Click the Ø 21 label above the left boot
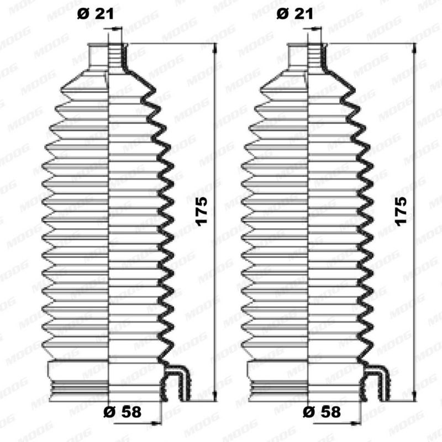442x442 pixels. tap(95, 14)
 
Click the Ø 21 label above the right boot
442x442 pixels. tap(295, 14)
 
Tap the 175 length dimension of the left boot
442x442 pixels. tap(202, 211)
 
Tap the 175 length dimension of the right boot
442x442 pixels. tap(402, 211)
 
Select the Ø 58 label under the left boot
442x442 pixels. tap(122, 412)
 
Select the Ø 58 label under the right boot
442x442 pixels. tap(322, 412)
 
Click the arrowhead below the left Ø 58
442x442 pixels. tap(156, 423)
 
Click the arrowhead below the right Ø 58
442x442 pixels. tap(356, 423)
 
